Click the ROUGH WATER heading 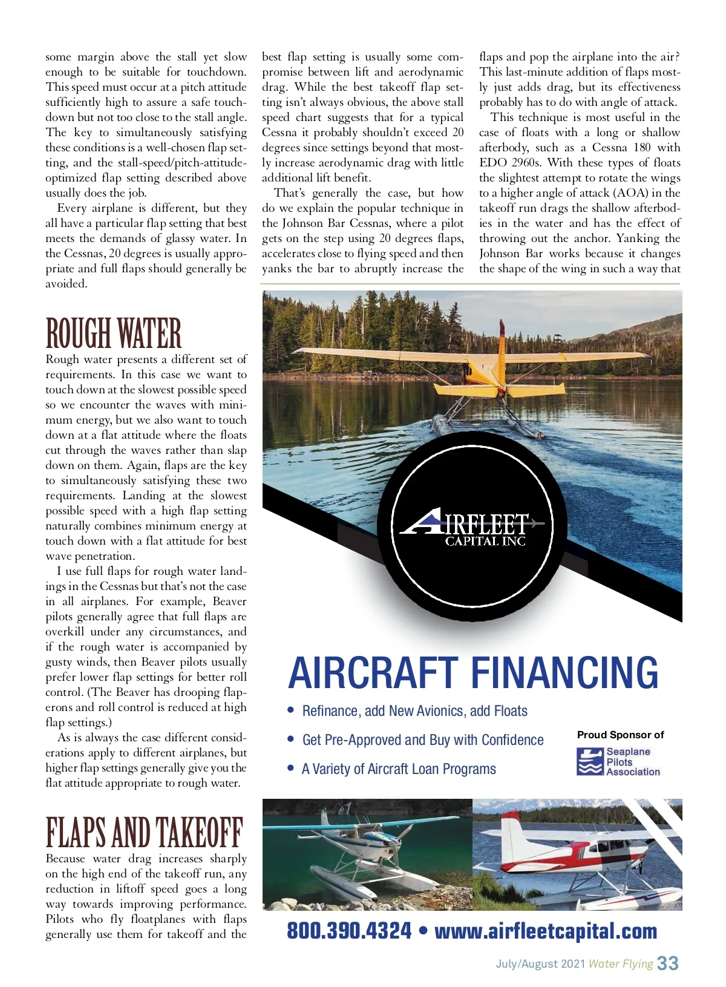click(113, 333)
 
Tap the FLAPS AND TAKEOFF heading click(144, 833)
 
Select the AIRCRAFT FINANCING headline click(473, 673)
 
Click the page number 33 click(668, 963)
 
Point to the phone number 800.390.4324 click(349, 931)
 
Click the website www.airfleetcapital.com click(546, 931)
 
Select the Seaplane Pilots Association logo click(618, 762)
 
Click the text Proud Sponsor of click(620, 735)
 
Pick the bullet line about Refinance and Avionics click(414, 711)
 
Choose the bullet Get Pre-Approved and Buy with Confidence click(422, 740)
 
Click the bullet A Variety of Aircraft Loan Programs click(399, 769)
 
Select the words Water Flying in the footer click(621, 964)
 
